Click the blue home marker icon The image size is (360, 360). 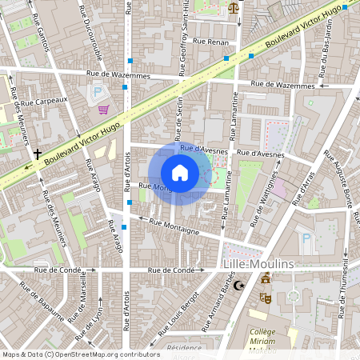[x=180, y=172]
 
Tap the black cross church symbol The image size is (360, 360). [x=38, y=153]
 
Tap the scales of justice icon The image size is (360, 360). [x=233, y=8]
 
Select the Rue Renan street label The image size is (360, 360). [x=210, y=41]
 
